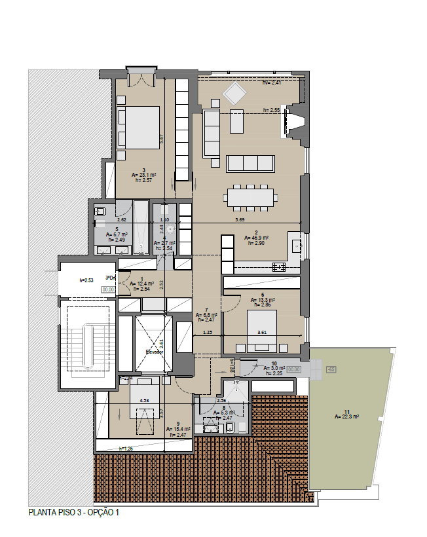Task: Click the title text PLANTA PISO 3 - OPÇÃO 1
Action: (x=74, y=513)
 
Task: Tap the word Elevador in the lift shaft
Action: (x=156, y=352)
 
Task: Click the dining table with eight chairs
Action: (x=251, y=196)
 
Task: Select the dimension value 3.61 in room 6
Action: (x=263, y=332)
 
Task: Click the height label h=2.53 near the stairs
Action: (x=86, y=280)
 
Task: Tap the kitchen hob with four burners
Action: (x=278, y=267)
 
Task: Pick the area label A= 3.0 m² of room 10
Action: (x=276, y=368)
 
